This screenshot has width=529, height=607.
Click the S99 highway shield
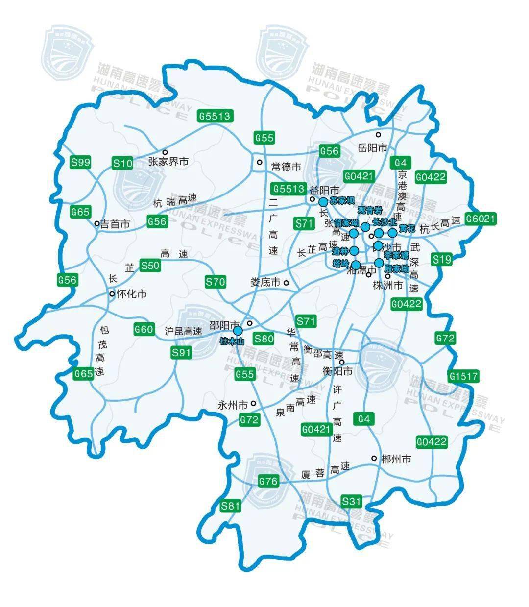(x=81, y=162)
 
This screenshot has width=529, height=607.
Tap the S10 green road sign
(x=122, y=163)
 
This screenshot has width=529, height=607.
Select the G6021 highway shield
(x=481, y=219)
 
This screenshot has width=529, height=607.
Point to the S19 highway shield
(x=442, y=259)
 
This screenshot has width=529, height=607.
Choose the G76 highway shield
(x=268, y=481)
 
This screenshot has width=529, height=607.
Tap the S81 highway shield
(x=231, y=506)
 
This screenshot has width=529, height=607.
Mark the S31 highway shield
(x=351, y=501)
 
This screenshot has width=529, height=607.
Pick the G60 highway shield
(x=144, y=329)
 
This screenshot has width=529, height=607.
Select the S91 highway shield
(x=181, y=352)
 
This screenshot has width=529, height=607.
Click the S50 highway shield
(x=150, y=266)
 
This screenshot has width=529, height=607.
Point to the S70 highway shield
(x=215, y=282)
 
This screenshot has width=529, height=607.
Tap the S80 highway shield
(x=264, y=338)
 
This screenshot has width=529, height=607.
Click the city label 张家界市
(x=168, y=162)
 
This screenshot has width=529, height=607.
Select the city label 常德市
(x=286, y=167)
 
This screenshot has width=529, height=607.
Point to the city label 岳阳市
(x=372, y=147)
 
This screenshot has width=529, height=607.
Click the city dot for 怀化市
(x=112, y=294)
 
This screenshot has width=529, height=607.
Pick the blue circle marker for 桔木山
(x=238, y=331)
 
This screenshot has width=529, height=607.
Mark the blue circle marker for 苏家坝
(x=323, y=202)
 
